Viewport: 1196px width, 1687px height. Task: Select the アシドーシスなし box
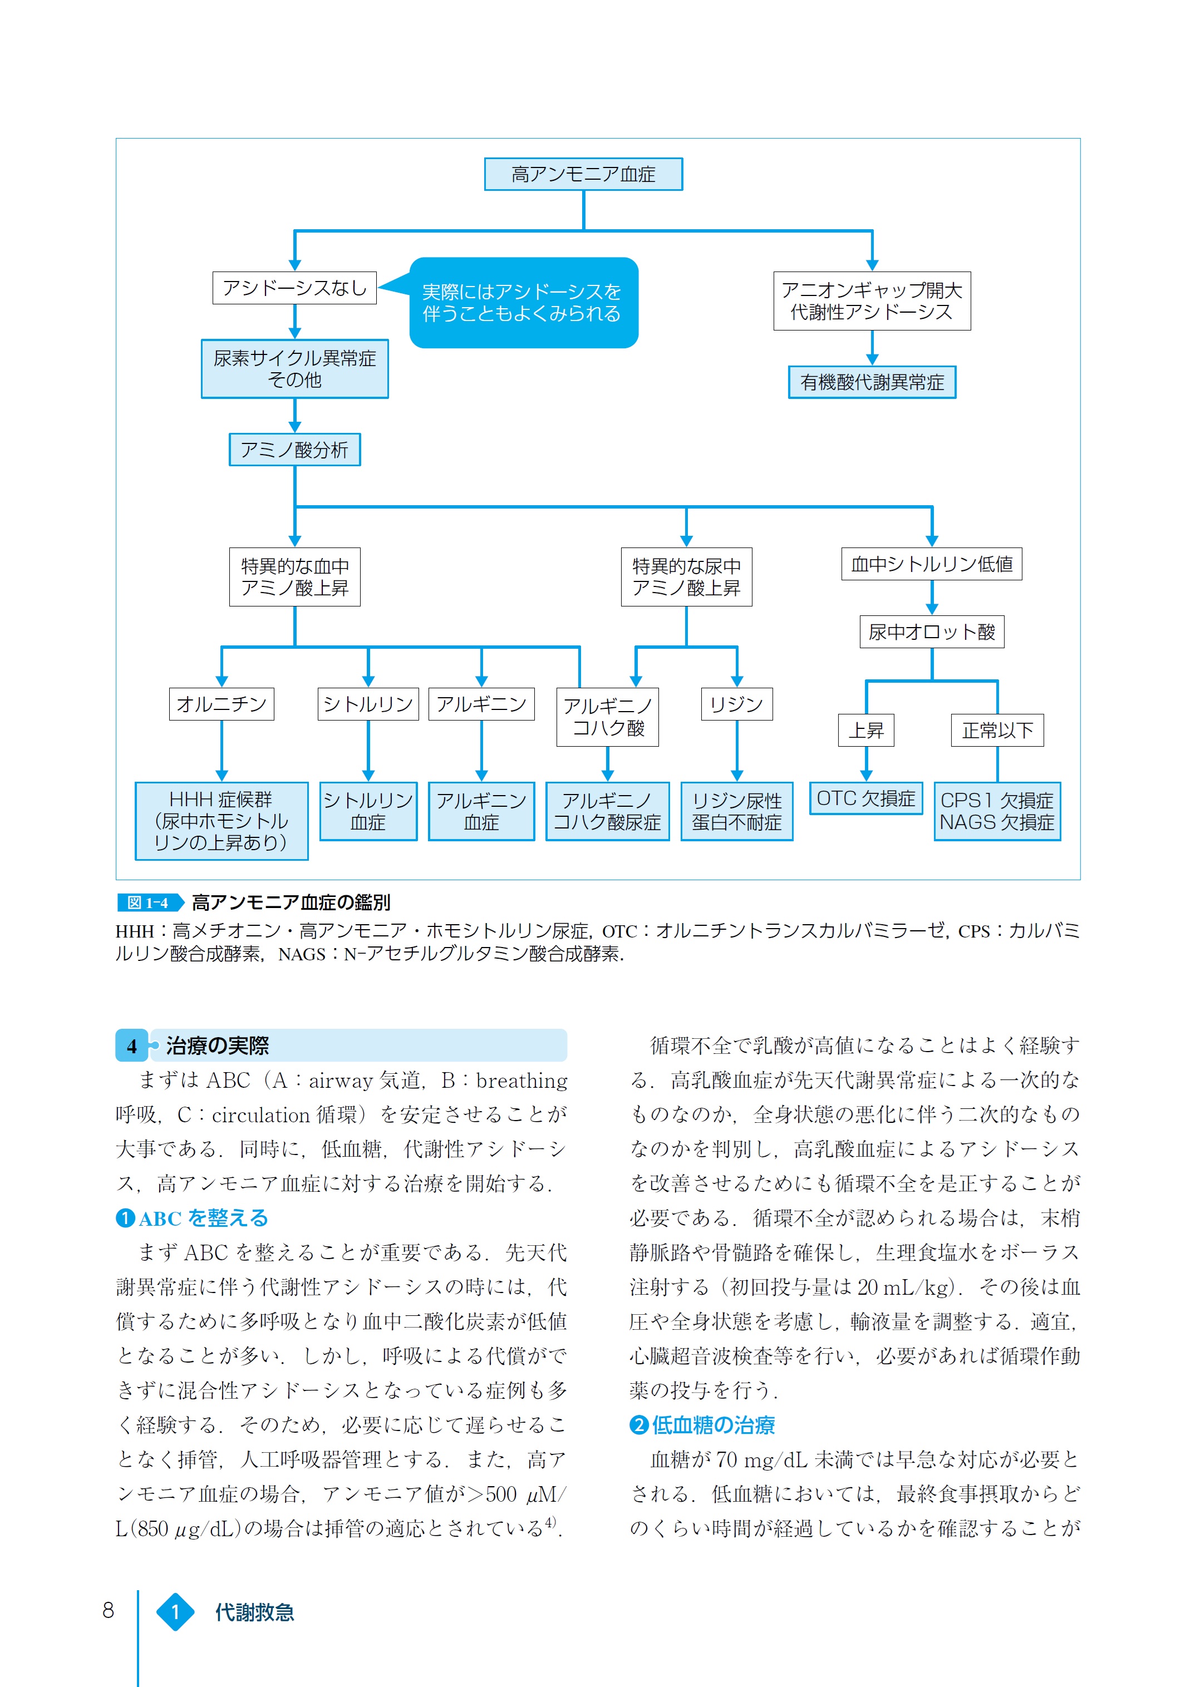tap(294, 288)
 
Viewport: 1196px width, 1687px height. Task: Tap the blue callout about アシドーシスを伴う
tap(523, 303)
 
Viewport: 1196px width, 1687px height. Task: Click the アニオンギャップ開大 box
tap(872, 301)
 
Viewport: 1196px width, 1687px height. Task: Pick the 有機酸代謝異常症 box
tap(872, 382)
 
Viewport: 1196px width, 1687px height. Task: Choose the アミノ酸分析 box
tap(294, 450)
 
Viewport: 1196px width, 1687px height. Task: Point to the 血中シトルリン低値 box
tap(932, 564)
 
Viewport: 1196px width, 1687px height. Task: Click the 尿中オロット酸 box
tap(932, 632)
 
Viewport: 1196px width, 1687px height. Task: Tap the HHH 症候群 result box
tap(222, 821)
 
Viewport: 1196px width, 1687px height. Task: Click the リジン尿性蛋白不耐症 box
tap(736, 811)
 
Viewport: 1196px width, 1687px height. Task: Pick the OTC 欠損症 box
tap(866, 799)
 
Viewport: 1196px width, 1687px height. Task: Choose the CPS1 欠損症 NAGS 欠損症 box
tap(997, 811)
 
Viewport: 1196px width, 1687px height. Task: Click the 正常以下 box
tap(997, 731)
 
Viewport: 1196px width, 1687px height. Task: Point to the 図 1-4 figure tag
tap(148, 903)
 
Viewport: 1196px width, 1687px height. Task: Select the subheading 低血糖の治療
tap(713, 1425)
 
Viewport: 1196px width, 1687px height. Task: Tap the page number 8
tap(109, 1611)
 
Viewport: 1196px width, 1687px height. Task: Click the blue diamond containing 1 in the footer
tap(175, 1612)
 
